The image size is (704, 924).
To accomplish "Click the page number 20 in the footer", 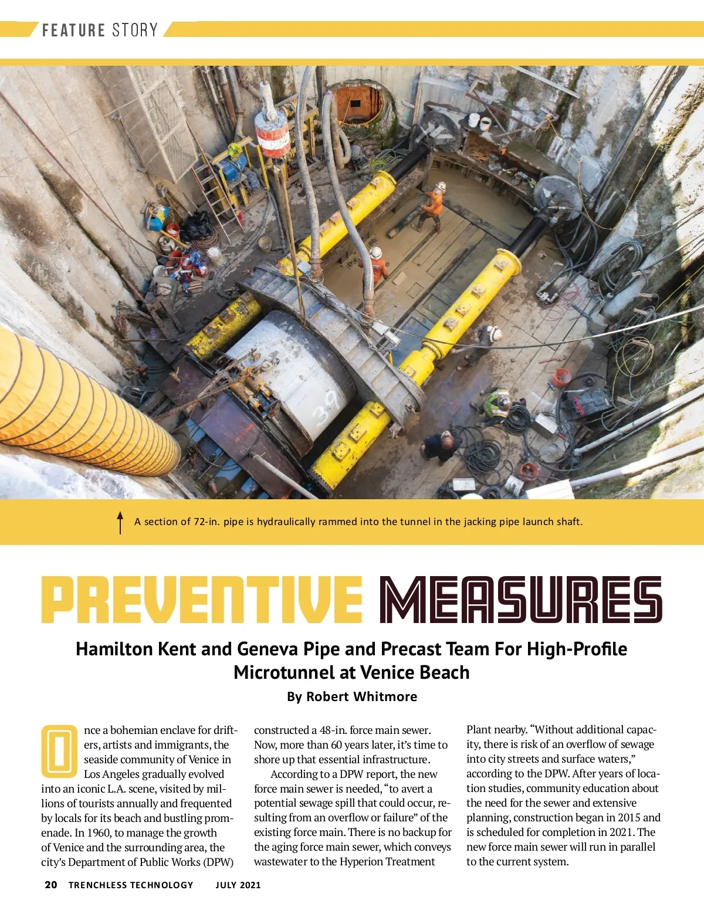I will [x=51, y=885].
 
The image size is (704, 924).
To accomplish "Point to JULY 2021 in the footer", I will [x=238, y=885].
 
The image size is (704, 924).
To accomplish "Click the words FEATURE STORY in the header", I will [x=100, y=30].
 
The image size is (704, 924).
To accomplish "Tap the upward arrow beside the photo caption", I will [x=120, y=522].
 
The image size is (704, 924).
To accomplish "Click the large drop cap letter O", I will [x=59, y=751].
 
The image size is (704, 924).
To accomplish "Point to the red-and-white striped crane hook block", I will [x=272, y=135].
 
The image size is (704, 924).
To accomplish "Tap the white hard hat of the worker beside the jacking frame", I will [x=375, y=253].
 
